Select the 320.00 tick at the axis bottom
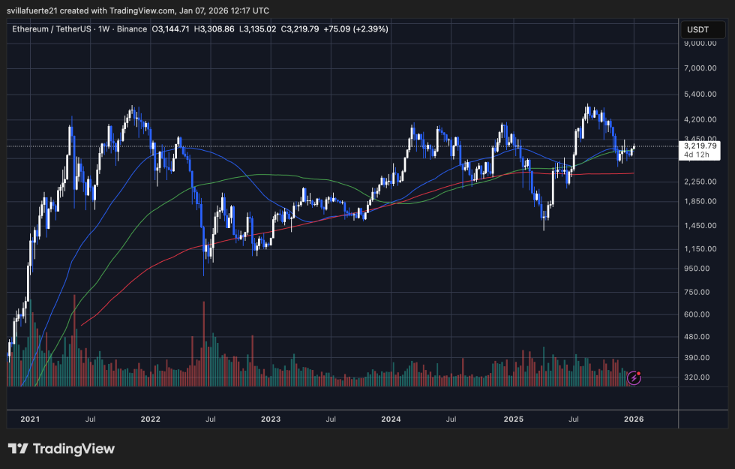[702, 377]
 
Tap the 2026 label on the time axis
[633, 418]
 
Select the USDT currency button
[697, 29]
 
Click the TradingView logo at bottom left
[61, 449]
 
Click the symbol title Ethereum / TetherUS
[52, 29]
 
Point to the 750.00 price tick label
[702, 293]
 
